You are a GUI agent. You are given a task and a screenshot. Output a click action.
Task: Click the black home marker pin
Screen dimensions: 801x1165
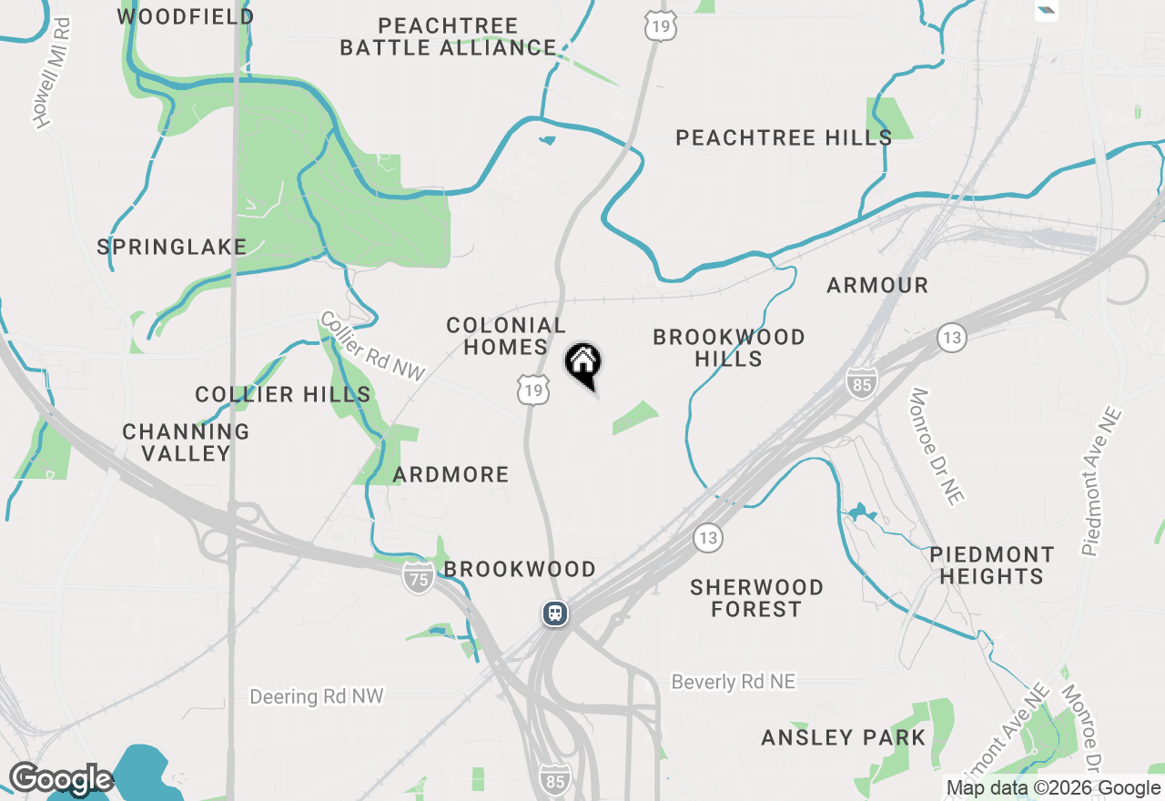[583, 365]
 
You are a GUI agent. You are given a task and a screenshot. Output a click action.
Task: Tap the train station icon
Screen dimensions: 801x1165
[555, 613]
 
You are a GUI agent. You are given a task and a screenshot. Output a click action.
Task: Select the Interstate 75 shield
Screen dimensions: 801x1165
[419, 577]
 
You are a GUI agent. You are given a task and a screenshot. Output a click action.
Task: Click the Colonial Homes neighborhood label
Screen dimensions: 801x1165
[505, 336]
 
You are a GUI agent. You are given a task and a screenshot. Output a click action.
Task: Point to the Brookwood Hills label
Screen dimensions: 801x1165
[729, 348]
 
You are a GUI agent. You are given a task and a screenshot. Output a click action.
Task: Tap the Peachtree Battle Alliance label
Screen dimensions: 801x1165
[448, 36]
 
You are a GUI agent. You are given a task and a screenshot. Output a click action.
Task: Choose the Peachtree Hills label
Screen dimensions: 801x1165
[783, 137]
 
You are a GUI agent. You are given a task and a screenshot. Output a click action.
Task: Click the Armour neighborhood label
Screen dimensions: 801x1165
[877, 285]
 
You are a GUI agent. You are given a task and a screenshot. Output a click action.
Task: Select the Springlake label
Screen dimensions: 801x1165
[172, 247]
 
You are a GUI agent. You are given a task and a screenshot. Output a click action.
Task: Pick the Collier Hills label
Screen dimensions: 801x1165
[283, 394]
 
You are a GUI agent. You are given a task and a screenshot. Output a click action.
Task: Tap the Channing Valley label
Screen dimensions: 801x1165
[187, 442]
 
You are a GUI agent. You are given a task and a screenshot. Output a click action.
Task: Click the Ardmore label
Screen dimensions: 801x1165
[451, 474]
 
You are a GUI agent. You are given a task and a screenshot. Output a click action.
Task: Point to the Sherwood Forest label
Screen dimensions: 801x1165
[756, 598]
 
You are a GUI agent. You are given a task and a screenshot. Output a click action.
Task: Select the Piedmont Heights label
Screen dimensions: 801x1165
[991, 565]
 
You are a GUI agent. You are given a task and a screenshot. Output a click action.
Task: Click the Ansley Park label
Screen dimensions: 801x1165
[843, 737]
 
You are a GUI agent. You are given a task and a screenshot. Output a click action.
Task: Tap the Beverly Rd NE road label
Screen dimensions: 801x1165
[733, 682]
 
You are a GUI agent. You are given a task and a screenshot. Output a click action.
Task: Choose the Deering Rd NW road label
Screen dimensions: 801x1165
[317, 696]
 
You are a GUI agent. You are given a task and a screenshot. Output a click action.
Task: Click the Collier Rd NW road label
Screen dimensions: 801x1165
[373, 347]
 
